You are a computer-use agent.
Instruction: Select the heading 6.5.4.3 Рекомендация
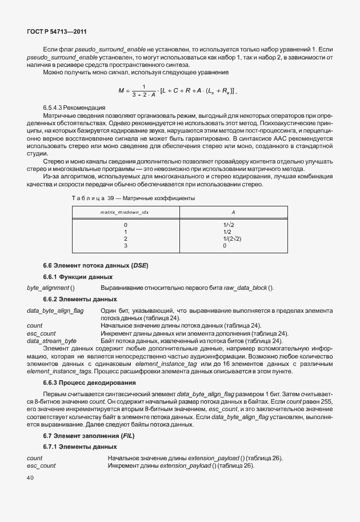pyautogui.click(x=74, y=107)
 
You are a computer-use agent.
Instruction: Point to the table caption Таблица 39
pyautogui.click(x=133, y=198)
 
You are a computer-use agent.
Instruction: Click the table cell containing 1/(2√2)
pyautogui.click(x=232, y=238)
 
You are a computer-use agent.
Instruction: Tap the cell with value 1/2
pyautogui.click(x=227, y=232)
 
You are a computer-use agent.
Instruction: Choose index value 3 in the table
pyautogui.click(x=125, y=245)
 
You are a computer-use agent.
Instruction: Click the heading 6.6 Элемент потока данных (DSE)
pyautogui.click(x=96, y=266)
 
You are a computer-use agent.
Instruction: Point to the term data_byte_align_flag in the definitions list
pyautogui.click(x=55, y=310)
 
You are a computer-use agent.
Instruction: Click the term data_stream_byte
pyautogui.click(x=51, y=340)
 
